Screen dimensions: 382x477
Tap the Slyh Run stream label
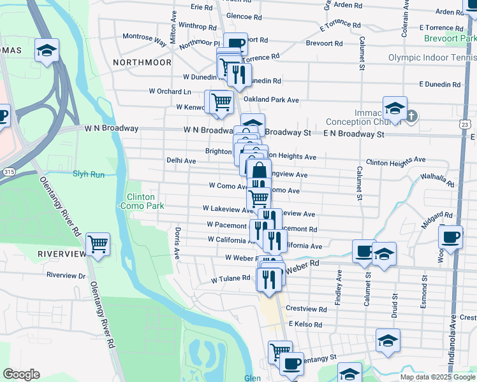point(88,173)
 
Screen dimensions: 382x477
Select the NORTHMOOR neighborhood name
point(142,62)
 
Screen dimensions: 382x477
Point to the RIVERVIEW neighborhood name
point(61,253)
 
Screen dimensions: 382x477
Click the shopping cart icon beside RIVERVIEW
point(98,244)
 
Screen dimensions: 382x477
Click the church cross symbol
point(412,116)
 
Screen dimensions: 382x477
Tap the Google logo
point(21,374)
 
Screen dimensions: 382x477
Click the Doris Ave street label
point(178,243)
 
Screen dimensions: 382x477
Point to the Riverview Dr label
point(66,276)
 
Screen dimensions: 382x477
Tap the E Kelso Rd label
point(307,324)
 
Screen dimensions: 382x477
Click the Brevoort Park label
point(450,38)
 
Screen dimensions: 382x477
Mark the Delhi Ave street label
point(181,161)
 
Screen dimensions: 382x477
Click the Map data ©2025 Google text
point(437,377)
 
